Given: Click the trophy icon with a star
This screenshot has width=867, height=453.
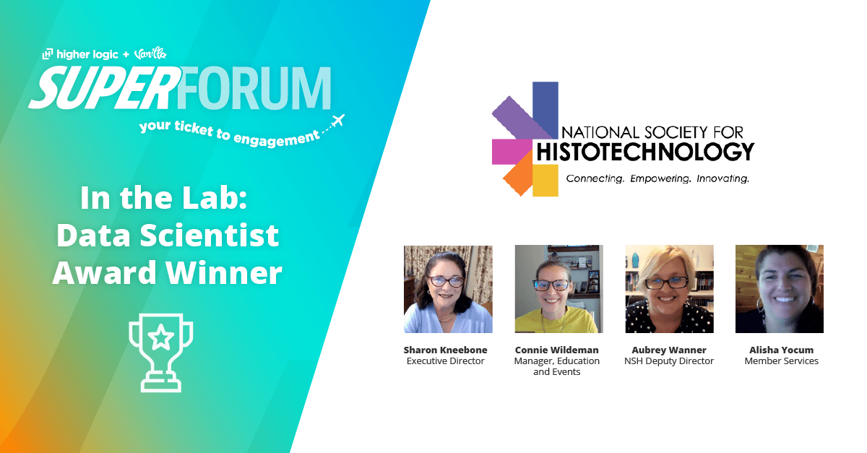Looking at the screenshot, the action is [160, 353].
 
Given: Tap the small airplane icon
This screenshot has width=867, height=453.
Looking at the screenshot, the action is [338, 121].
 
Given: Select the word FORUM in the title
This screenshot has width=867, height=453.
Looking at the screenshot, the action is [254, 88].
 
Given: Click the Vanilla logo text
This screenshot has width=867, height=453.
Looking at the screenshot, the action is [150, 53].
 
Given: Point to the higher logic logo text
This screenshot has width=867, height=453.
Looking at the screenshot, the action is [80, 54].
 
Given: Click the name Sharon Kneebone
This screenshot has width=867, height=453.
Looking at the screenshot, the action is [446, 350].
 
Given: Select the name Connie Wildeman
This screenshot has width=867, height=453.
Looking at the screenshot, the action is [556, 350].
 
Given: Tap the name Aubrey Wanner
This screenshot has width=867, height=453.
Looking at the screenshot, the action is [669, 350].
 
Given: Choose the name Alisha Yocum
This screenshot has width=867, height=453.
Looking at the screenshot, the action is [782, 350].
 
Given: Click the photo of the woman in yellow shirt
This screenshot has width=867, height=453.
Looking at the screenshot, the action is [559, 289].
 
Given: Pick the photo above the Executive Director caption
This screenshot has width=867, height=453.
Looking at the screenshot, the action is [448, 289].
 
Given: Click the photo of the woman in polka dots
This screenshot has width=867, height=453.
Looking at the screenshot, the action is [670, 289].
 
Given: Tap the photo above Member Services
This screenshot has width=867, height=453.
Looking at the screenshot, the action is [780, 289].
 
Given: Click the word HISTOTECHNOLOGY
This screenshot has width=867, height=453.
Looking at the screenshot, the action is [645, 152].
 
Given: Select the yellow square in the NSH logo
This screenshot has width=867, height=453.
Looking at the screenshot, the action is [545, 181].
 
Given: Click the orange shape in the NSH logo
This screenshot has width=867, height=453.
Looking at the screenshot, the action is [519, 173].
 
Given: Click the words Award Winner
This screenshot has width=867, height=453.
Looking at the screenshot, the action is [167, 272].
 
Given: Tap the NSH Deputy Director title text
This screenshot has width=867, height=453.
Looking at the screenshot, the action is [669, 361].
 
